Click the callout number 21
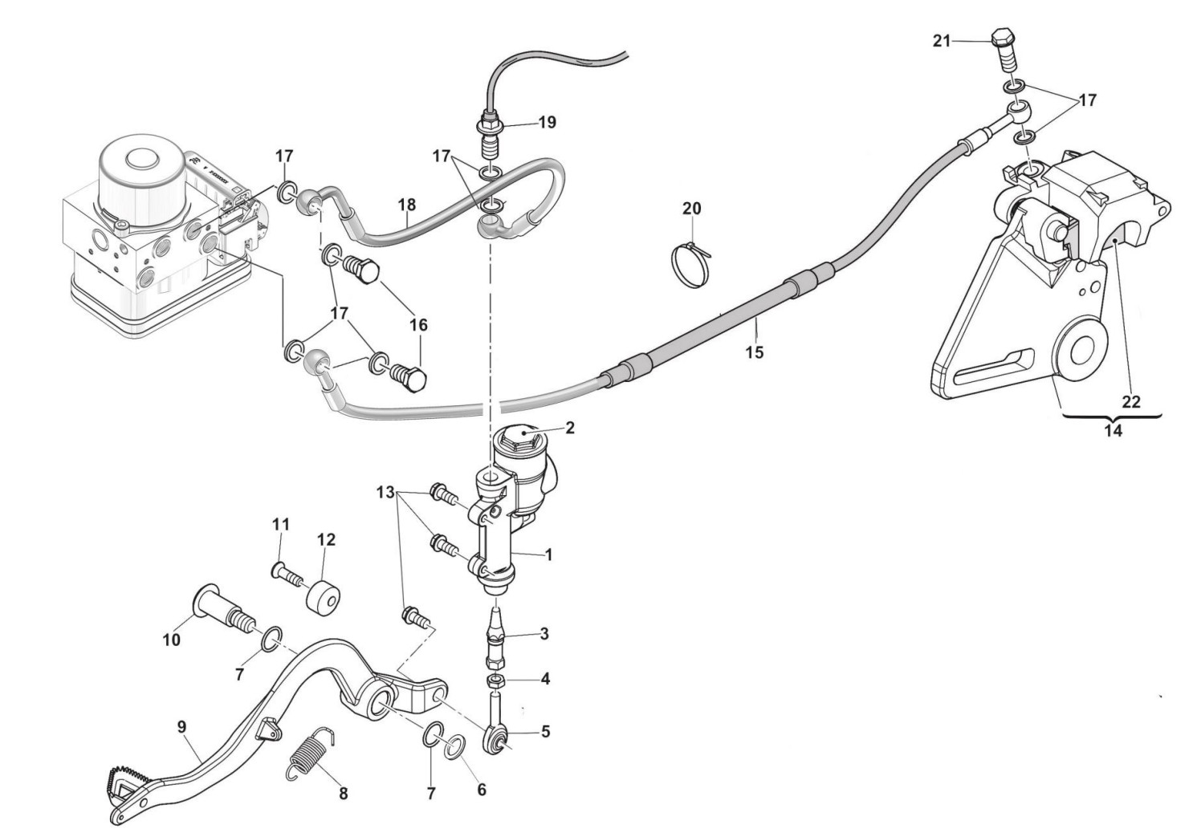pyautogui.click(x=942, y=40)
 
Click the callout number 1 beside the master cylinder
pyautogui.click(x=549, y=554)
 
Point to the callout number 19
pyautogui.click(x=547, y=122)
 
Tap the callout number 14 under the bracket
pyautogui.click(x=1113, y=430)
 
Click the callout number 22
pyautogui.click(x=1130, y=402)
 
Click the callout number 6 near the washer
pyautogui.click(x=482, y=790)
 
